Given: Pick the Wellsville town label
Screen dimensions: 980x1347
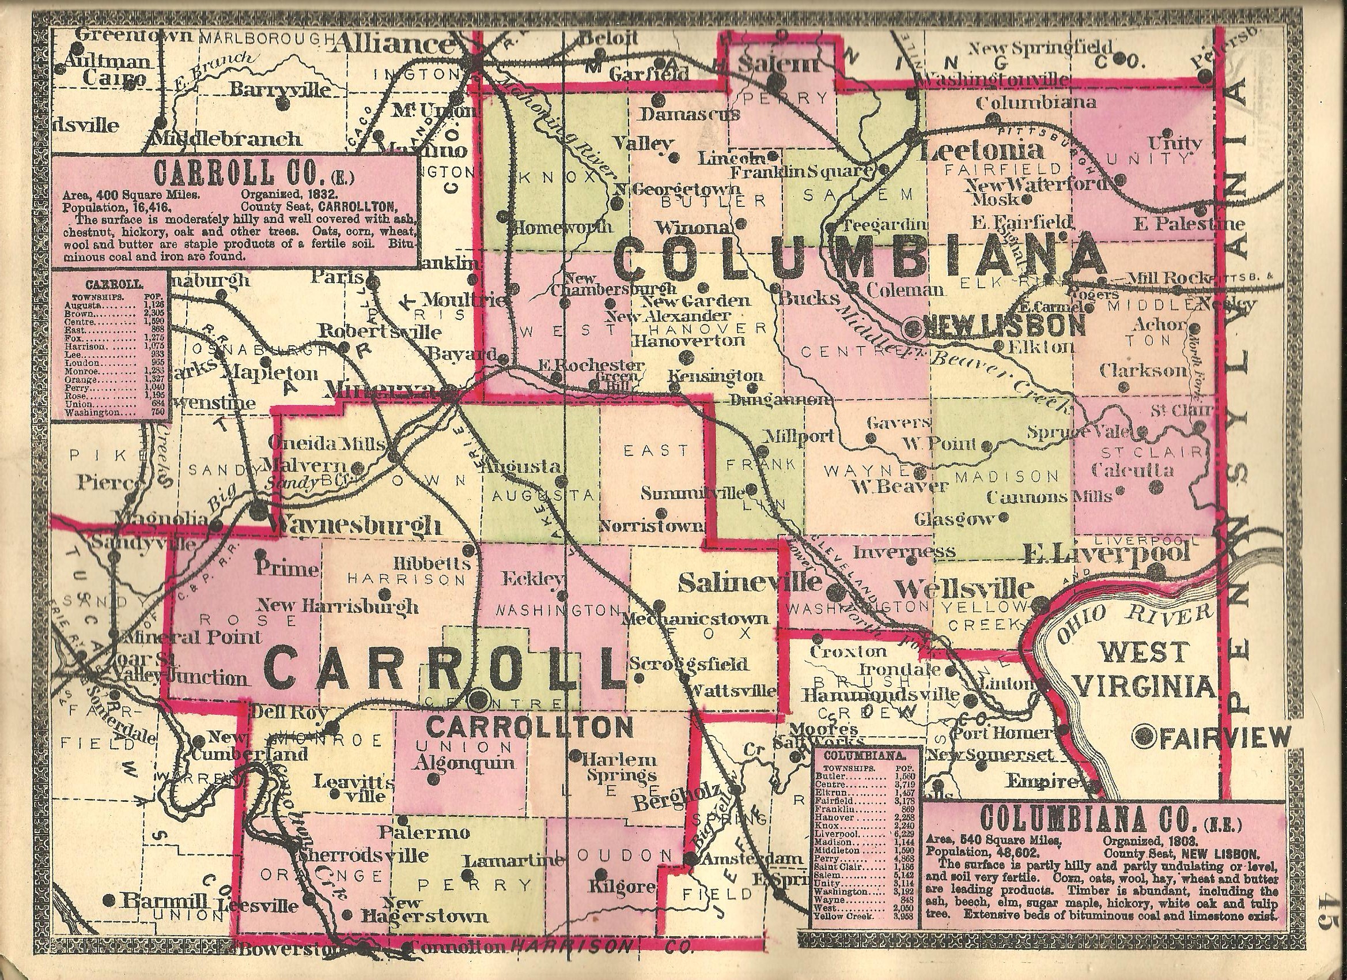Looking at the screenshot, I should click(x=964, y=589).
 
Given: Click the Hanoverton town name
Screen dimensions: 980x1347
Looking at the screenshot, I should click(x=689, y=340).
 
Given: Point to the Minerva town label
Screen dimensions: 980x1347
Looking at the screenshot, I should click(x=386, y=387).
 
